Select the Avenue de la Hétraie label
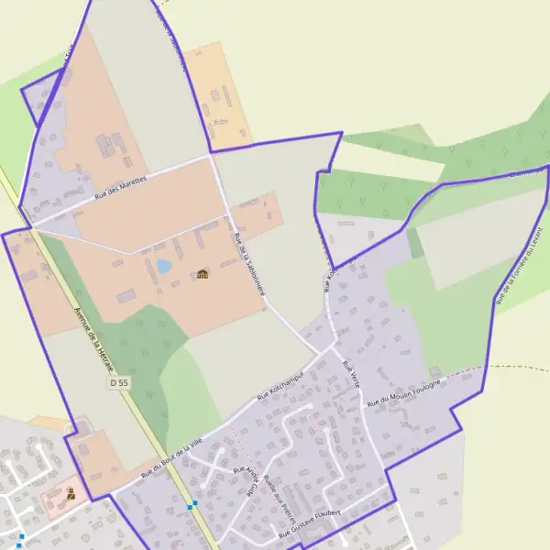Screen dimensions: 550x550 94,336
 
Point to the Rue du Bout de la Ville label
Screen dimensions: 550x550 171,459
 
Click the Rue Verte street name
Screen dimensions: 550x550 350,375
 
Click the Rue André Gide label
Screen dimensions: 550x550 247,479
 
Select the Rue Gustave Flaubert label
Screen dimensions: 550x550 311,522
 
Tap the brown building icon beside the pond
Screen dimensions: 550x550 203,273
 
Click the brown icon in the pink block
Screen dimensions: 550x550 71,493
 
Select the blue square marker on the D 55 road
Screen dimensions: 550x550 191,505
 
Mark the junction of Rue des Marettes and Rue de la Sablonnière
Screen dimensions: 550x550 212,156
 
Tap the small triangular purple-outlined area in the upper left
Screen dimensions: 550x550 39,98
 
